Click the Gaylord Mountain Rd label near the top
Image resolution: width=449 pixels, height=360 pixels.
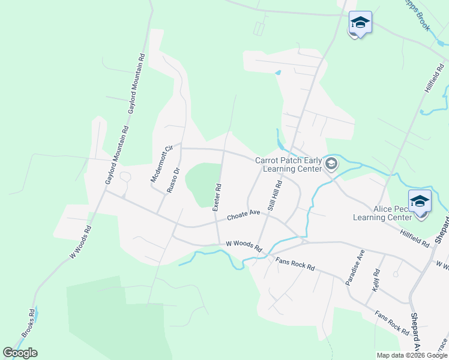135,83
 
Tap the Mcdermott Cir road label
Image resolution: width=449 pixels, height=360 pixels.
161,164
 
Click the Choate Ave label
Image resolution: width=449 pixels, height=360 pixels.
243,216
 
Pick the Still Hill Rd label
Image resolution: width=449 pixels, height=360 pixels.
275,197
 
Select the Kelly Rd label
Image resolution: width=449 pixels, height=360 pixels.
376,281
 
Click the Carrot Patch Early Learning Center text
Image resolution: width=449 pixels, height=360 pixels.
289,164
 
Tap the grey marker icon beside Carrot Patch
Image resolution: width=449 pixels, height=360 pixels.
331,164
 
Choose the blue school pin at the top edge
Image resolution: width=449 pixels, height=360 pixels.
360,24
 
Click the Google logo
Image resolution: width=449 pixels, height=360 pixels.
20,352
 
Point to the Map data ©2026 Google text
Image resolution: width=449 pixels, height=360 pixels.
411,355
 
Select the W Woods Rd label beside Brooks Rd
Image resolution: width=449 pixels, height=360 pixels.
80,242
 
